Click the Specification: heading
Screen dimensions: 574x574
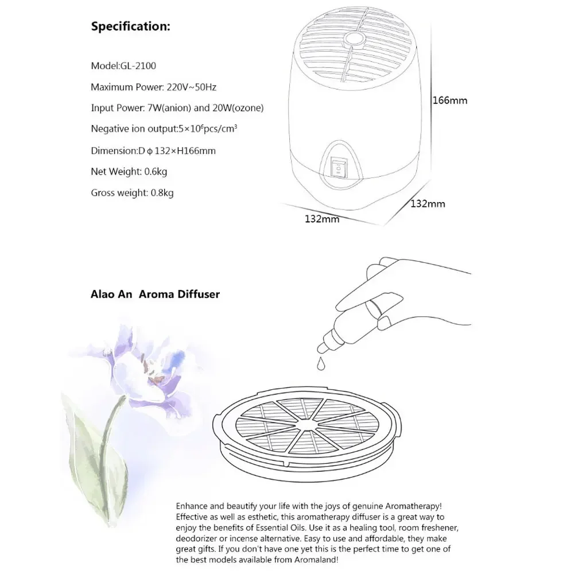pyautogui.click(x=130, y=26)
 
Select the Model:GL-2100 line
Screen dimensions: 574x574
pyautogui.click(x=123, y=66)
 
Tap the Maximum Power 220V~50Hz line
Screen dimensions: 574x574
pyautogui.click(x=153, y=87)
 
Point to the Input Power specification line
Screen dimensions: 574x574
pyautogui.click(x=177, y=108)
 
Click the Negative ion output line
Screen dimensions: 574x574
pyautogui.click(x=164, y=129)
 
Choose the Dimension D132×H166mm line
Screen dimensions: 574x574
pyautogui.click(x=153, y=150)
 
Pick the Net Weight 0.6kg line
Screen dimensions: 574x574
pyautogui.click(x=129, y=171)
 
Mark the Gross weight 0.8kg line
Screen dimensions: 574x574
pyautogui.click(x=132, y=192)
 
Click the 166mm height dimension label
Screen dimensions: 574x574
pyautogui.click(x=449, y=100)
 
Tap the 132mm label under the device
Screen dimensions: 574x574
pyautogui.click(x=322, y=219)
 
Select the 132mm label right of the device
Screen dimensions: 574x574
pyautogui.click(x=428, y=204)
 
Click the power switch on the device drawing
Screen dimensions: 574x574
pyautogui.click(x=338, y=167)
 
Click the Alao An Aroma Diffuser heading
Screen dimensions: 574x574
pyautogui.click(x=155, y=294)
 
